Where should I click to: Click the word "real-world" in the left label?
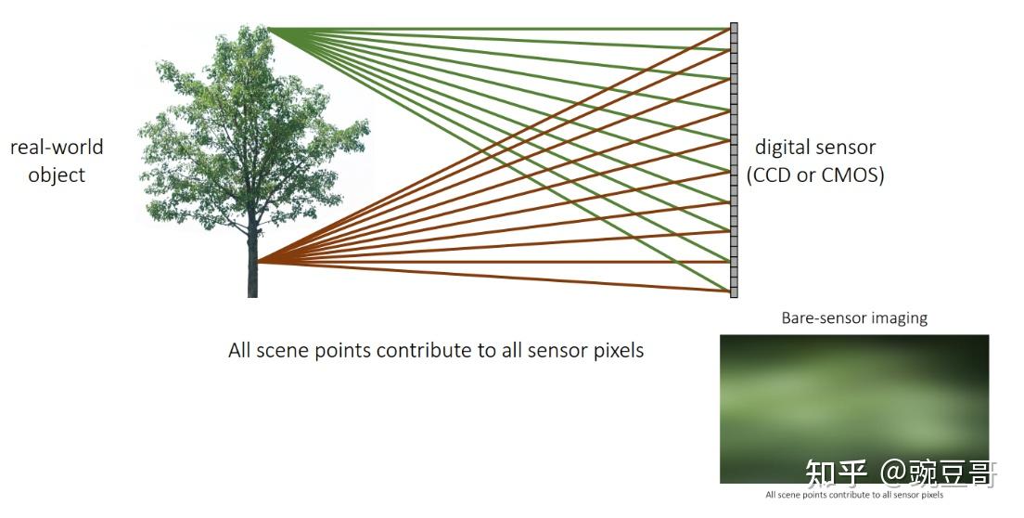pyautogui.click(x=57, y=147)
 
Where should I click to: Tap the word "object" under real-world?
pyautogui.click(x=57, y=175)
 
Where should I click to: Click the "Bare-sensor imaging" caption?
pyautogui.click(x=854, y=318)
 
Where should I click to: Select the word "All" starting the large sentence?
pyautogui.click(x=239, y=350)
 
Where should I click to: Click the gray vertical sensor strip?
pyautogui.click(x=734, y=160)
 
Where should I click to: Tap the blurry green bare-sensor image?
pyautogui.click(x=854, y=408)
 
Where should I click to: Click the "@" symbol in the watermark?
pyautogui.click(x=892, y=473)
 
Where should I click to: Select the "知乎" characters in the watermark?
pyautogui.click(x=836, y=473)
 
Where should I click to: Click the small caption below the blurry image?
pyautogui.click(x=854, y=495)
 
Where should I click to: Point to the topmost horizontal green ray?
pyautogui.click(x=500, y=29)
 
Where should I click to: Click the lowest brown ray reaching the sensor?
pyautogui.click(x=494, y=277)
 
